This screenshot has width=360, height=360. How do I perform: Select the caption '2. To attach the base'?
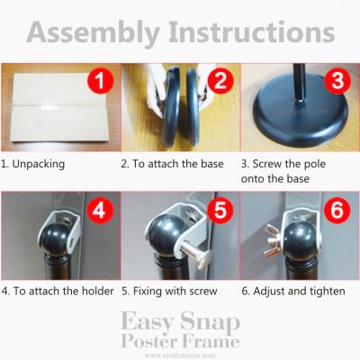pyautogui.click(x=176, y=165)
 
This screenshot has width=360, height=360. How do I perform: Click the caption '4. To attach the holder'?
pyautogui.click(x=58, y=292)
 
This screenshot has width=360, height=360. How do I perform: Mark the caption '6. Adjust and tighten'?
pyautogui.click(x=295, y=292)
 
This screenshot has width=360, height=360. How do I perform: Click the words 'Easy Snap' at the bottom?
pyautogui.click(x=180, y=322)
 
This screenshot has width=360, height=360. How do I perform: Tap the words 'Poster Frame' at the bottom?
pyautogui.click(x=180, y=341)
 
